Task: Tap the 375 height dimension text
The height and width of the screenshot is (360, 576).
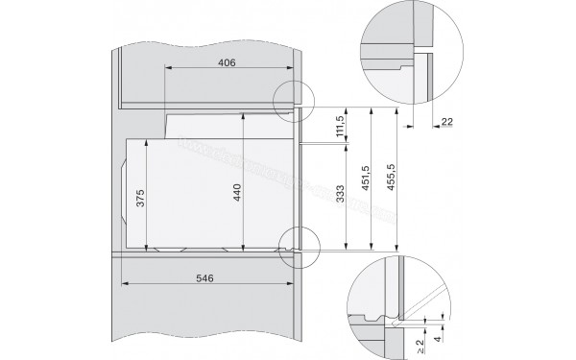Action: pyautogui.click(x=140, y=200)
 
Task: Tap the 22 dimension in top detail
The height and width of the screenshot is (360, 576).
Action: pyautogui.click(x=448, y=122)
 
